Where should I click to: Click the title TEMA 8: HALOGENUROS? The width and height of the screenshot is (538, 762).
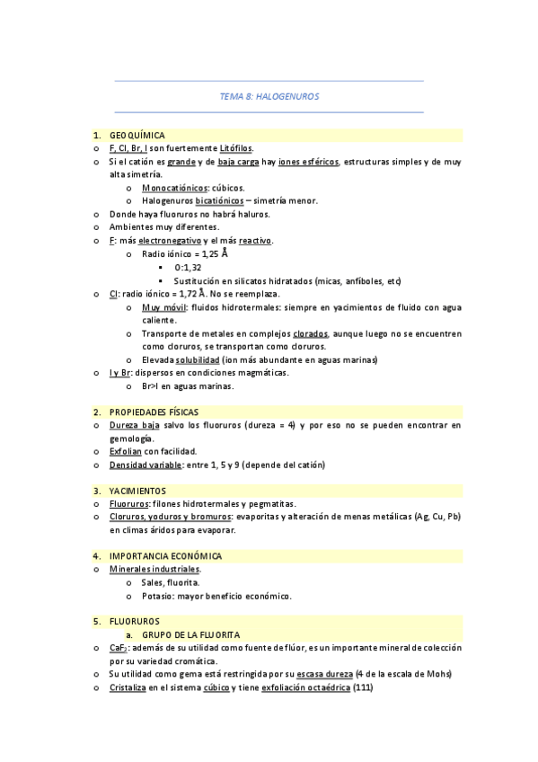[269, 96]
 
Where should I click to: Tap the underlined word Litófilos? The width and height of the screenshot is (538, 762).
[236, 148]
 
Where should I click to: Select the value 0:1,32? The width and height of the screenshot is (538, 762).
[188, 268]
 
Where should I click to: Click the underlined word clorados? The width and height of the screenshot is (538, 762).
[310, 333]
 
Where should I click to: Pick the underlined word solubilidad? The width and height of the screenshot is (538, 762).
[198, 360]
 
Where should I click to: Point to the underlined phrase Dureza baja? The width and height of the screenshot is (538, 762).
[135, 425]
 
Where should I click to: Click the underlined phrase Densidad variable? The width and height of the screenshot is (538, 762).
[145, 465]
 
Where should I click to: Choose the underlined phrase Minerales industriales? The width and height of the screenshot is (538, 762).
[154, 570]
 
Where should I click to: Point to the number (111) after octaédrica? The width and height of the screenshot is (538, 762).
[363, 688]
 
